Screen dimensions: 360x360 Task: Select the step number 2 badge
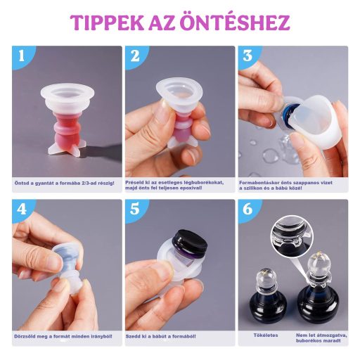point(135,56)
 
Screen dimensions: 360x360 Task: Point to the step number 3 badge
point(247,56)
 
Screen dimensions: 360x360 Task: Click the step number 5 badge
point(135,210)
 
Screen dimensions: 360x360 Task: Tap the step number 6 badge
point(247,210)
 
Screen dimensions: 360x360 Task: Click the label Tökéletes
point(265,335)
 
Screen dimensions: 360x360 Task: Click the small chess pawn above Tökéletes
point(266,299)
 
